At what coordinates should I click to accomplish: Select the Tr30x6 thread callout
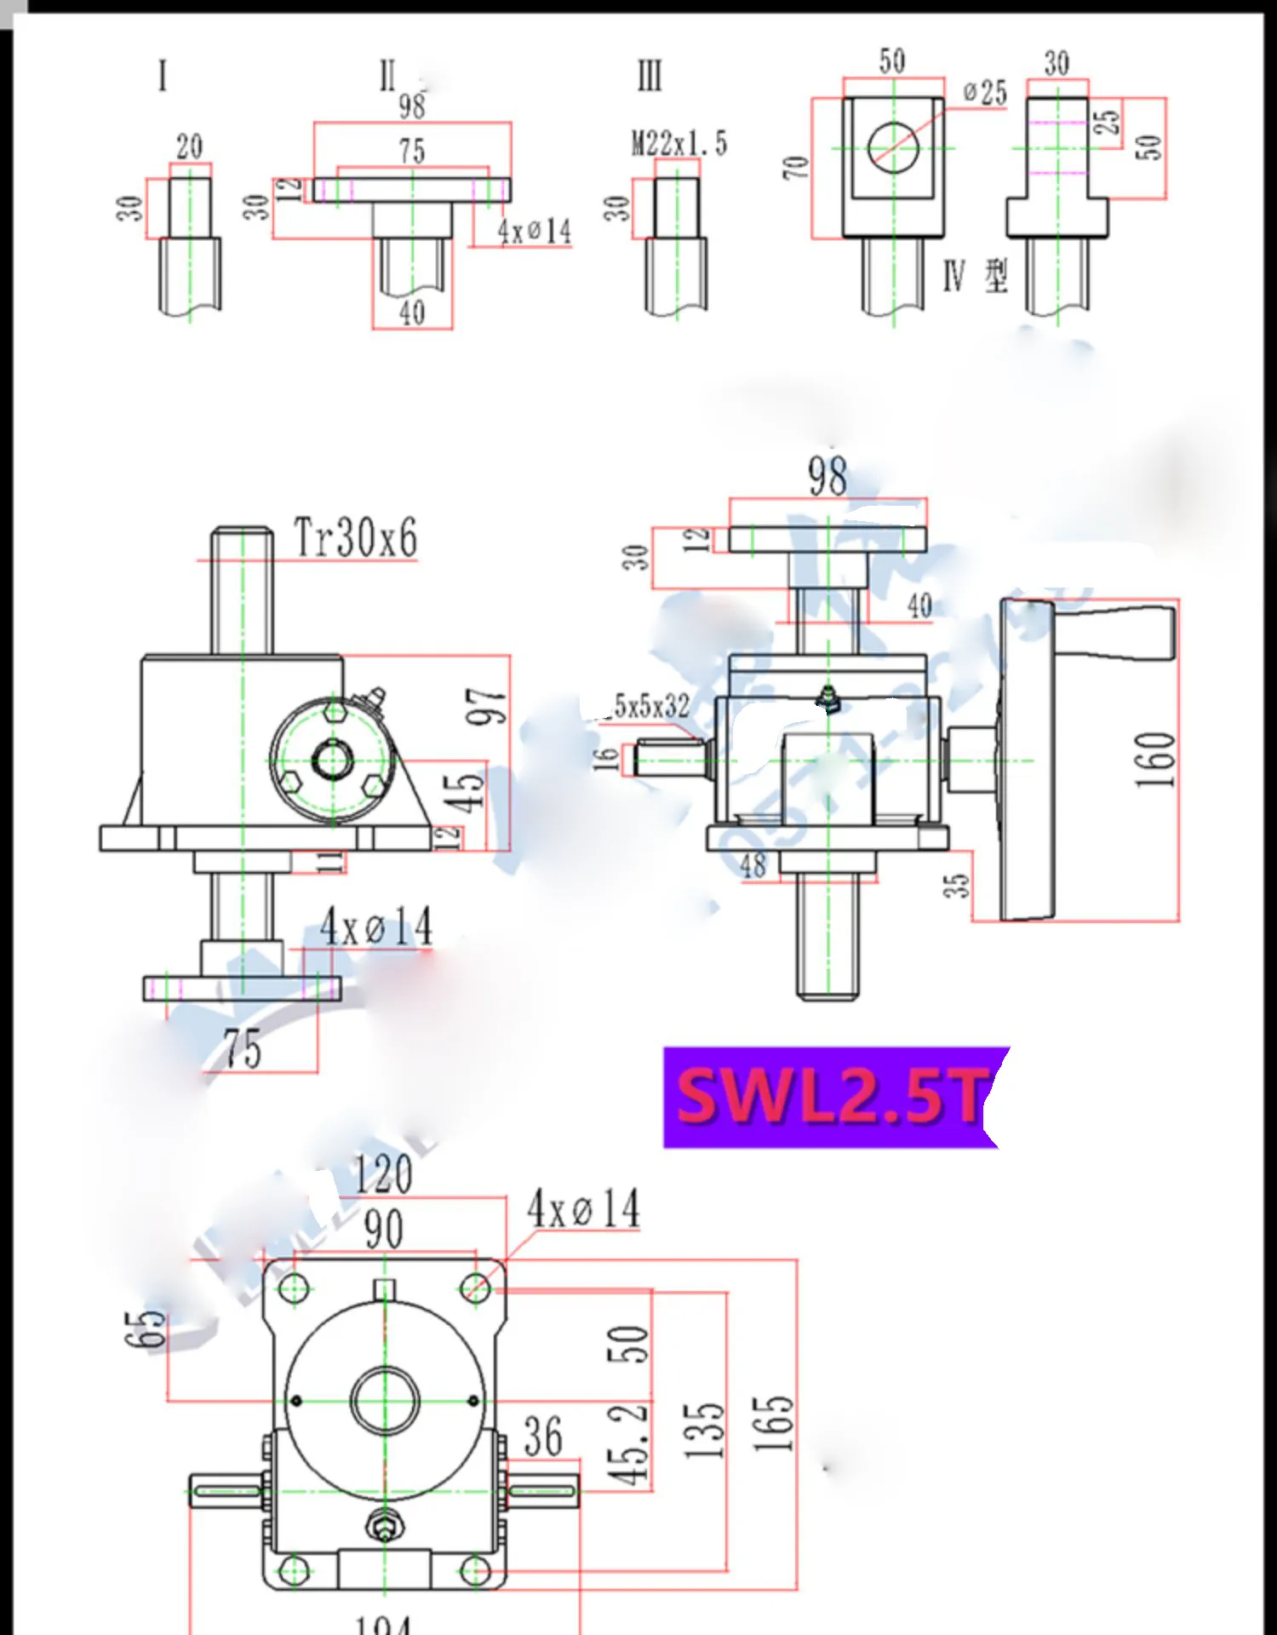coord(355,538)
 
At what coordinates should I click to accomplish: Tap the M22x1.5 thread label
coord(679,144)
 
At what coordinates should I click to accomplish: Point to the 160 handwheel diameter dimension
coord(1154,760)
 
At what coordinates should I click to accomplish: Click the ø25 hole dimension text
coord(985,93)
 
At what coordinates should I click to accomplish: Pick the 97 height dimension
coord(486,707)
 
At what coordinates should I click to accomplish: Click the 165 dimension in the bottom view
coord(772,1427)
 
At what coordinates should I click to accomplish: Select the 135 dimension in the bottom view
coord(705,1431)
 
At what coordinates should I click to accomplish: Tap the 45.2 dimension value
coord(627,1445)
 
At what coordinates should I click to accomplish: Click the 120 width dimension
coord(383,1174)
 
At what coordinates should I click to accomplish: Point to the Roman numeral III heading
coord(649,77)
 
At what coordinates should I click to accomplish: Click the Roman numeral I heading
coord(163,77)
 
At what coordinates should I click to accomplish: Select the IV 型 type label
coord(976,276)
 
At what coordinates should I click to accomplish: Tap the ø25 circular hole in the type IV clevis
coord(893,147)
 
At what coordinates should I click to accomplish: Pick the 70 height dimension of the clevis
coord(795,168)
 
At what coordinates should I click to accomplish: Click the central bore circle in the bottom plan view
coord(385,1401)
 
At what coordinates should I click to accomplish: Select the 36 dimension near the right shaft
coord(542,1437)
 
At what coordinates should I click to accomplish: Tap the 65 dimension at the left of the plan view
coord(146,1328)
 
